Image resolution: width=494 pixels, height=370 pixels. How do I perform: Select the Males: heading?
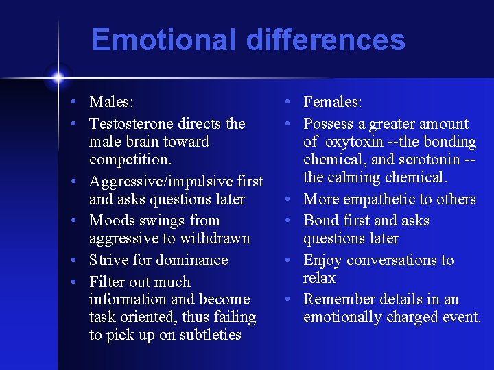point(111,102)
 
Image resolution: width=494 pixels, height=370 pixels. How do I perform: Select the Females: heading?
point(332,102)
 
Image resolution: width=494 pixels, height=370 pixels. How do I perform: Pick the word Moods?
point(112,221)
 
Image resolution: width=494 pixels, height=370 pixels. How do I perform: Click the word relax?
point(320,278)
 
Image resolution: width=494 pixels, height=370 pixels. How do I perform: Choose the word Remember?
point(337,299)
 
